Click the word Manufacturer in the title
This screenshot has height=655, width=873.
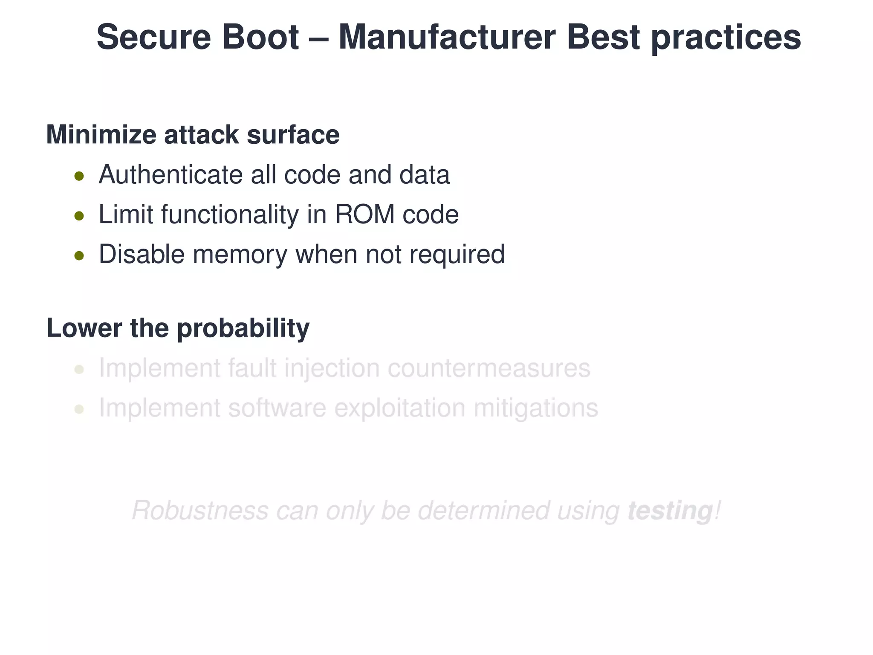pos(446,37)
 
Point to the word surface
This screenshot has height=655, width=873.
pos(293,135)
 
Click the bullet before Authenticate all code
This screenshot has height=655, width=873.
pos(79,176)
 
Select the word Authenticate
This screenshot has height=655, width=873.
pos(171,175)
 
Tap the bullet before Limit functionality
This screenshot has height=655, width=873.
pos(79,216)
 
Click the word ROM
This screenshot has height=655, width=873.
pos(365,214)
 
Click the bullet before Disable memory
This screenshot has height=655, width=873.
pos(79,255)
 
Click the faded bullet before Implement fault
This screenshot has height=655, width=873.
pos(79,369)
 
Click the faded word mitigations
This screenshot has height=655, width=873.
pos(536,408)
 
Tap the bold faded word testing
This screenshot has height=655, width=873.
pos(670,511)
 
